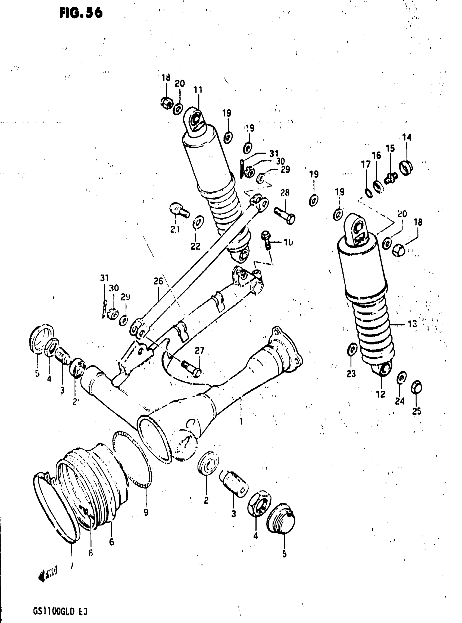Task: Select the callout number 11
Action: (198, 90)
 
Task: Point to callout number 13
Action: (412, 324)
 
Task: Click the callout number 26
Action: (158, 281)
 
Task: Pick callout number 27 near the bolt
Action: (200, 351)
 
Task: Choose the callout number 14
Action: (407, 137)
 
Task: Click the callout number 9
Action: (146, 512)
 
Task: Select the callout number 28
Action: (285, 193)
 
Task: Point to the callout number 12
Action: (381, 394)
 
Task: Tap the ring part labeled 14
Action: (406, 167)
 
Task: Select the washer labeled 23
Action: (352, 349)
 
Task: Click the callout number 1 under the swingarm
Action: (241, 421)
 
